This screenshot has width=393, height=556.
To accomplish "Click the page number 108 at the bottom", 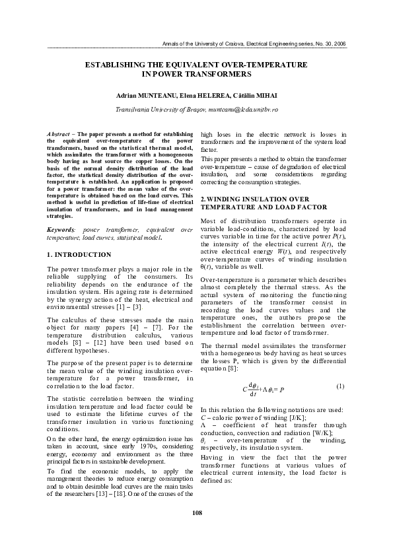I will pyautogui.click(x=196, y=531).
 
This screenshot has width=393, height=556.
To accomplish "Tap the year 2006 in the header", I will pyautogui.click(x=339, y=43).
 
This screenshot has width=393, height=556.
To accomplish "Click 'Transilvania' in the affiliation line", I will pyautogui.click(x=133, y=108).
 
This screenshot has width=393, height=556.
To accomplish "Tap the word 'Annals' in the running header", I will pyautogui.click(x=171, y=43).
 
